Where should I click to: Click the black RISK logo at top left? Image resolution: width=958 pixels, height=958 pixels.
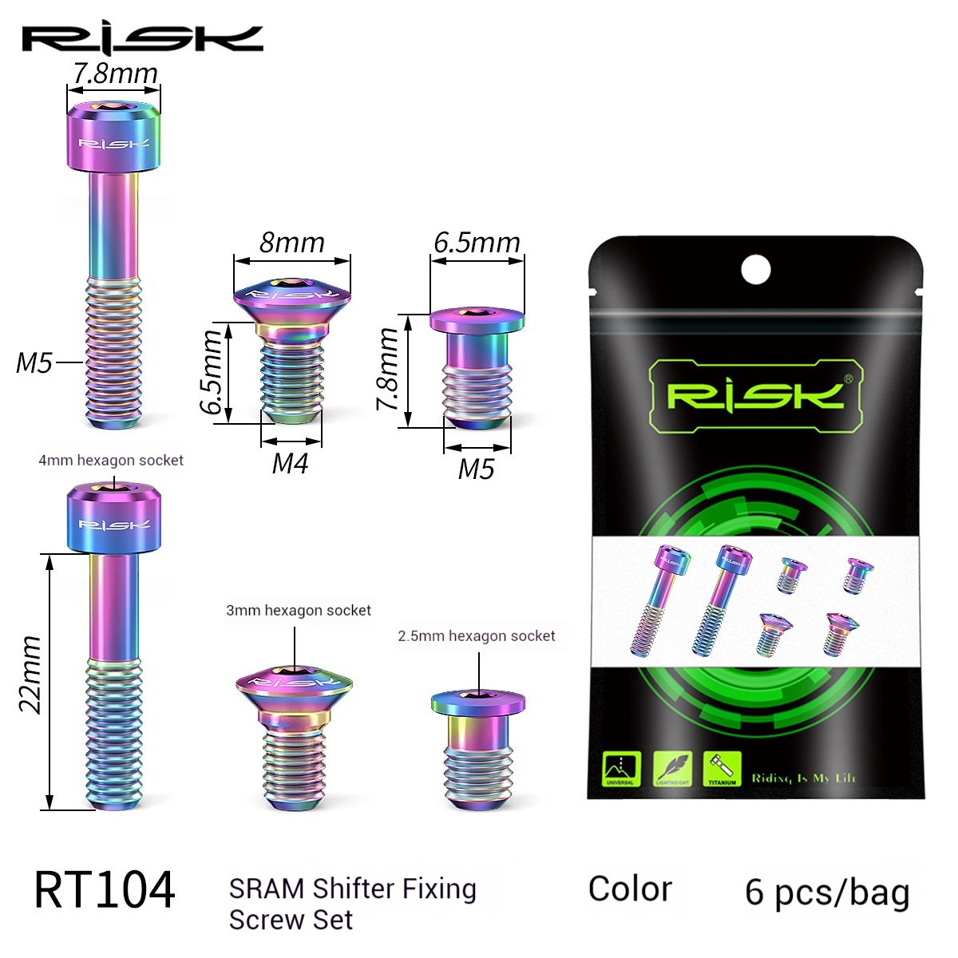[x=142, y=38]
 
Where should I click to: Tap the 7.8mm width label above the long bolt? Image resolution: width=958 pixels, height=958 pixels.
[x=115, y=73]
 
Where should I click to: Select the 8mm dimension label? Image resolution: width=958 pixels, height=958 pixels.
[x=291, y=241]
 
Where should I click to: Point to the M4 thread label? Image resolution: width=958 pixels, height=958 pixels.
[x=290, y=462]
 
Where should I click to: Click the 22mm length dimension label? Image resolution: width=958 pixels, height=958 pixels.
[x=30, y=675]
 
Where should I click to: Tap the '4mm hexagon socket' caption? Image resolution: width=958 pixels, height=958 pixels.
[x=112, y=461]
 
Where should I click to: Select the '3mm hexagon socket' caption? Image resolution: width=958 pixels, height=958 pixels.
[x=299, y=611]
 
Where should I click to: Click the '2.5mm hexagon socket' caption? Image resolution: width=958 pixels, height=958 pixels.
[x=477, y=636]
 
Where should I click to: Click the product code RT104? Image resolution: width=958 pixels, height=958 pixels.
[x=104, y=890]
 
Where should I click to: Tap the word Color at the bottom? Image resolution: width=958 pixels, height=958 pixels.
[x=630, y=889]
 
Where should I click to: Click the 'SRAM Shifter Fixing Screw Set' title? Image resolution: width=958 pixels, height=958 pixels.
[x=353, y=903]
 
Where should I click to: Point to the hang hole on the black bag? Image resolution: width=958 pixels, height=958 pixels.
[x=755, y=269]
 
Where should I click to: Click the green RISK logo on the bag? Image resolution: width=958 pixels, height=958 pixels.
[x=754, y=395]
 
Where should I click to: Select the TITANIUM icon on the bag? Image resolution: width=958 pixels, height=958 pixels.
[x=722, y=768]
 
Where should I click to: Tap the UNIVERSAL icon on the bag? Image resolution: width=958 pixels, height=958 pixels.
[x=620, y=768]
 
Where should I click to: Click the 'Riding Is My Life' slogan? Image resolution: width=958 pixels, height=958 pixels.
[x=803, y=778]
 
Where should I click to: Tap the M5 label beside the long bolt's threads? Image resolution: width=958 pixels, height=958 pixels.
[x=34, y=362]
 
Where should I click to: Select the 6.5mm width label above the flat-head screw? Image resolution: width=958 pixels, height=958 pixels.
[x=477, y=241]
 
